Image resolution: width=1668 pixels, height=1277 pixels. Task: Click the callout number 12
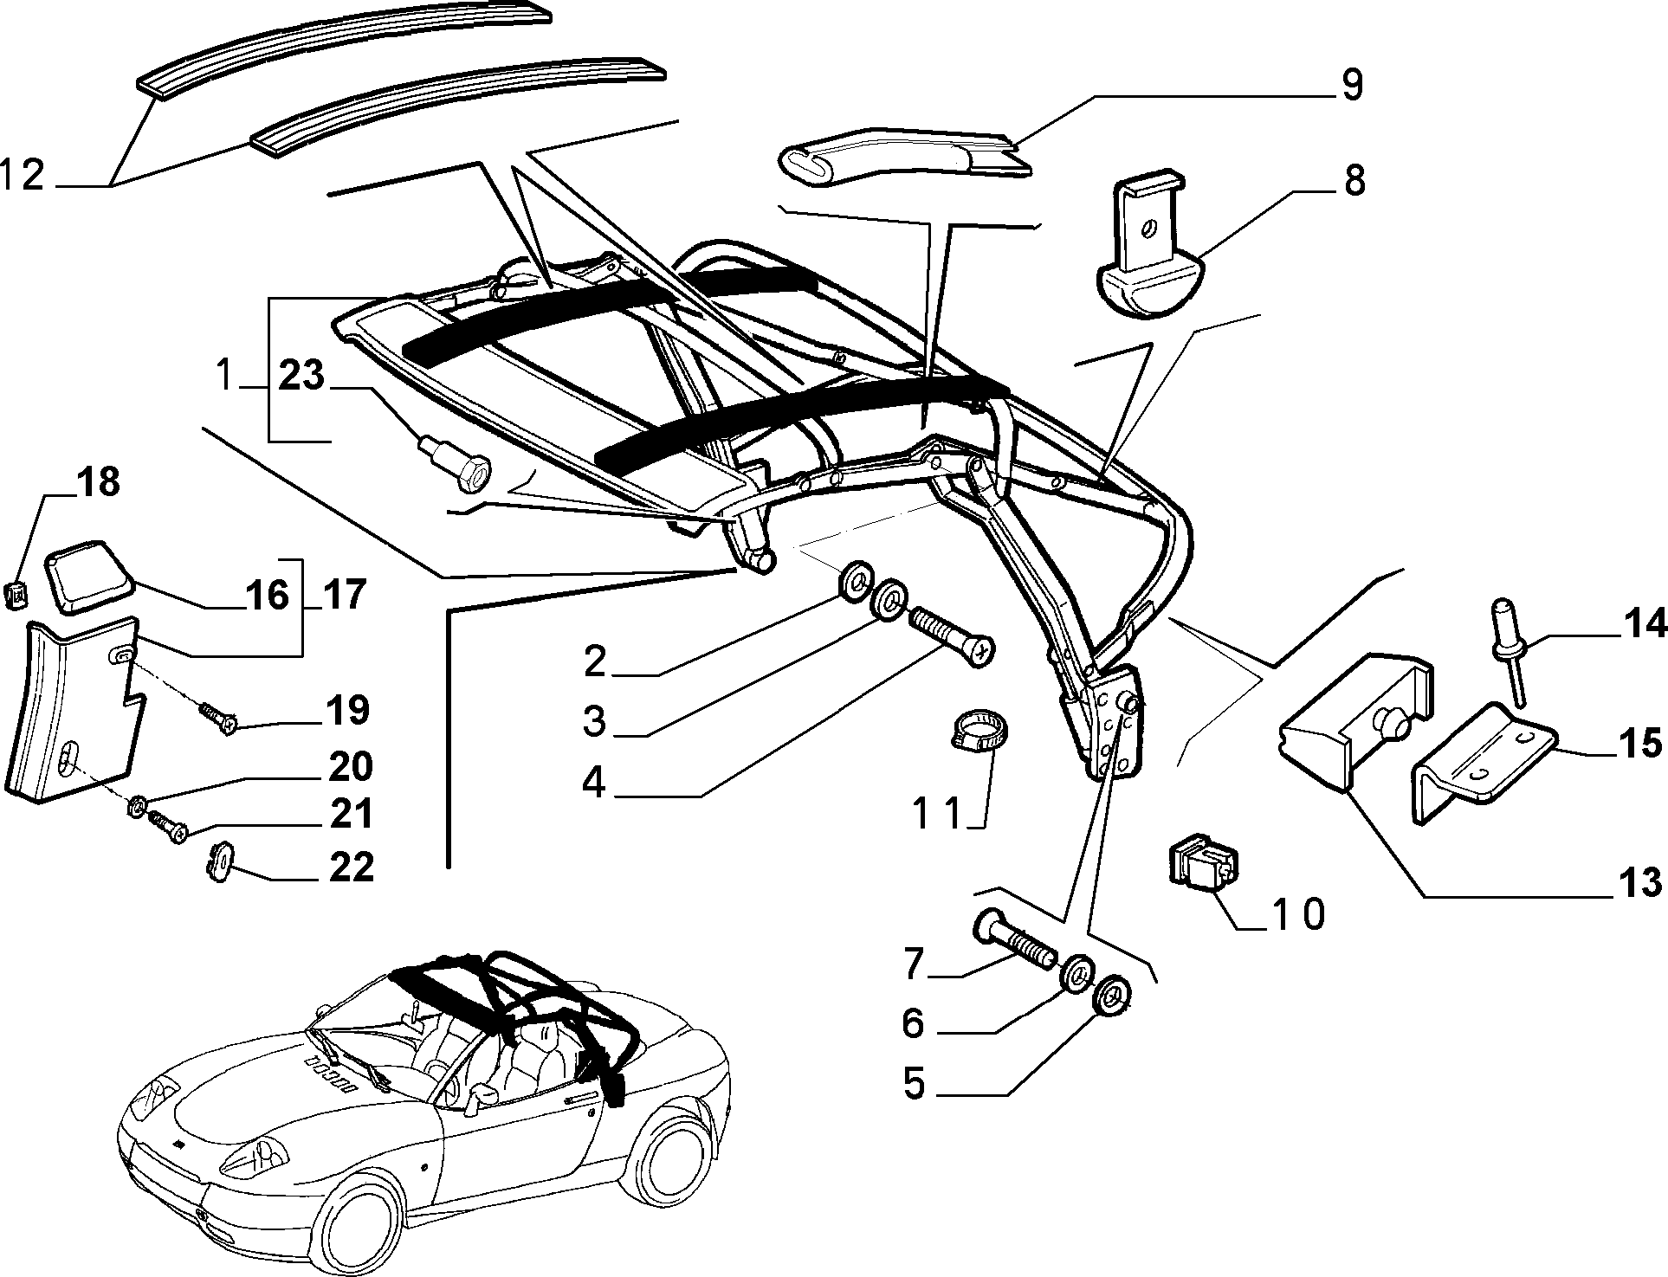click(x=23, y=176)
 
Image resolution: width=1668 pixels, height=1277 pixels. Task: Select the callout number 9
click(x=1352, y=85)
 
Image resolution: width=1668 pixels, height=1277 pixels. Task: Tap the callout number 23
click(x=301, y=376)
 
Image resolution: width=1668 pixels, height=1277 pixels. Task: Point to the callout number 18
click(x=99, y=482)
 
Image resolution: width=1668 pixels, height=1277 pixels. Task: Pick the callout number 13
click(x=1639, y=882)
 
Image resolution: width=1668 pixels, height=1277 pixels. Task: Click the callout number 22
click(x=351, y=867)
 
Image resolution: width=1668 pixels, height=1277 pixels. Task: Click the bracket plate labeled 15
click(x=1484, y=762)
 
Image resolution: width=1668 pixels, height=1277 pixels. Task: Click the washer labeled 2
click(x=856, y=579)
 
